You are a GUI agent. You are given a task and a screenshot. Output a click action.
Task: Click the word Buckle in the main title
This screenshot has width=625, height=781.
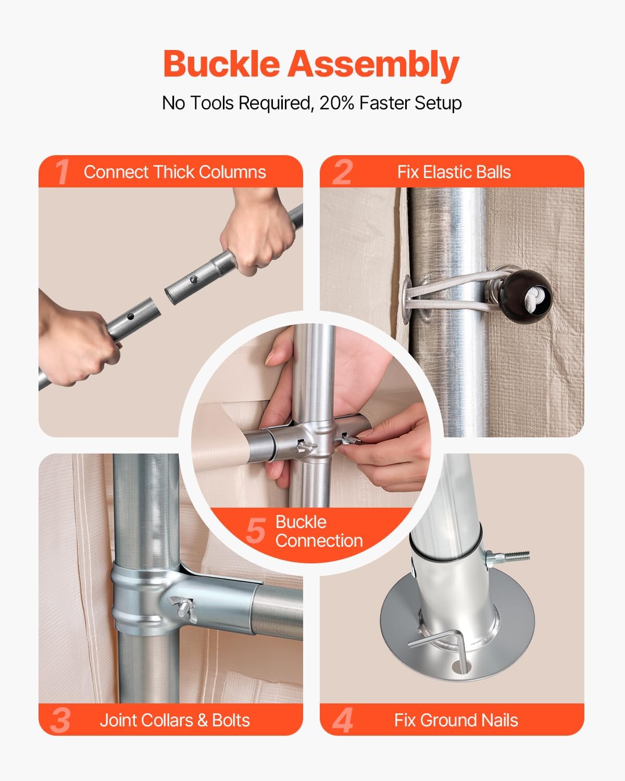[x=222, y=64]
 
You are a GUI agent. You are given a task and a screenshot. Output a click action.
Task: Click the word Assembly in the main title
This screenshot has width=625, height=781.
[x=373, y=65]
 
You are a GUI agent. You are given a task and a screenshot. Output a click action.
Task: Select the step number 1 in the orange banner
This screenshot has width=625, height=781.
[x=62, y=172]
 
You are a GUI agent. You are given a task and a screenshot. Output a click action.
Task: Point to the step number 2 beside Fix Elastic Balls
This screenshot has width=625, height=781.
[x=343, y=172]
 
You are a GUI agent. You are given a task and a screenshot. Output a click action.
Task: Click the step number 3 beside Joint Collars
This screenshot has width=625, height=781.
[x=60, y=720]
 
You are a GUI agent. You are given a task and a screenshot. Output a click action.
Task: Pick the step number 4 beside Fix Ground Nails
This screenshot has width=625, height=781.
[x=343, y=720]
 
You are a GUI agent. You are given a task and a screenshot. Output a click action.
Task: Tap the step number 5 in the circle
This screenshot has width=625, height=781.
[x=256, y=531]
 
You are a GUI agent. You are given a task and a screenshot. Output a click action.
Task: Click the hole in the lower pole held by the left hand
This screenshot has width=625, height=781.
[x=131, y=317]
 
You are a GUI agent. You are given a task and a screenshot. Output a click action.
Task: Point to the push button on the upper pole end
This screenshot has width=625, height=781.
[x=194, y=279]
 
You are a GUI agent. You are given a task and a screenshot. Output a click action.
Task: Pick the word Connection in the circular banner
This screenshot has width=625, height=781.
[x=319, y=540]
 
